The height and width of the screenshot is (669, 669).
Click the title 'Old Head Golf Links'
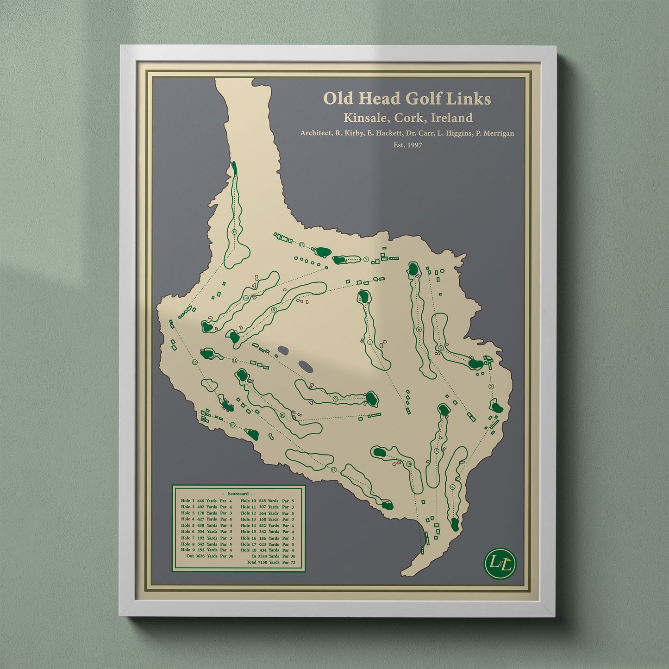click(x=407, y=99)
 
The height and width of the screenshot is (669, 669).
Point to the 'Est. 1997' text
click(x=407, y=145)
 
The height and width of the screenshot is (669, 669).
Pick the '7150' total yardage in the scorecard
click(x=264, y=563)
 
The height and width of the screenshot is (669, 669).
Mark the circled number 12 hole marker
click(x=234, y=232)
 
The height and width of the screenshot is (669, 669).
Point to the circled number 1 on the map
click(x=370, y=342)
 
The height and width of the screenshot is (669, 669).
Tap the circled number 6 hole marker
click(x=419, y=330)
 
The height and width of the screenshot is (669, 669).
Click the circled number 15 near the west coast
click(x=194, y=362)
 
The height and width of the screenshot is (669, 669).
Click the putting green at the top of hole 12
click(x=234, y=168)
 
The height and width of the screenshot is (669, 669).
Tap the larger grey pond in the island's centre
click(x=305, y=366)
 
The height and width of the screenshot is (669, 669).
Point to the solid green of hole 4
click(x=455, y=525)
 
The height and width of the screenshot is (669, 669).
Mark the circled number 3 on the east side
click(x=491, y=386)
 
